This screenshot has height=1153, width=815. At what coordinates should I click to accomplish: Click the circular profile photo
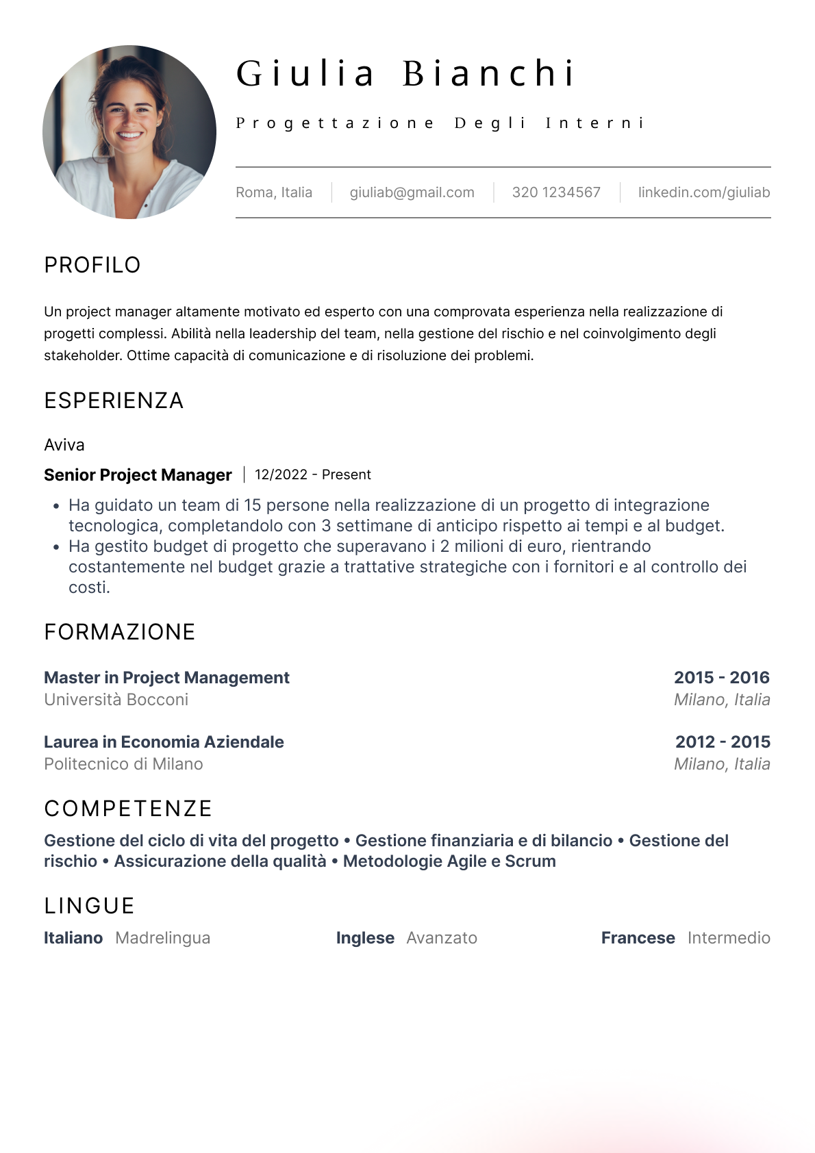129,132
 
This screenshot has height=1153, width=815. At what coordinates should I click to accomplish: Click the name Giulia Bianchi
405,73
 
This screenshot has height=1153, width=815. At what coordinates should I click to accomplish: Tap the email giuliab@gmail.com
412,192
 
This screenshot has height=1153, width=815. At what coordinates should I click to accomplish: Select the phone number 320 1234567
556,192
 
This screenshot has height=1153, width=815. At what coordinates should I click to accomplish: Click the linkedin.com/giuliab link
703,192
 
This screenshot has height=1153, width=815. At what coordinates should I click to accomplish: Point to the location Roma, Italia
274,192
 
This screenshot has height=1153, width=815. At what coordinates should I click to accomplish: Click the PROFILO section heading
92,265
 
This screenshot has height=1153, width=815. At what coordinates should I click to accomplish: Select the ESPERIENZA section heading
114,401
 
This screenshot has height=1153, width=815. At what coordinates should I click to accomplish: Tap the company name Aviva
64,445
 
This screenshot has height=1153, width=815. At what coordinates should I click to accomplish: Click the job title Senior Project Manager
138,474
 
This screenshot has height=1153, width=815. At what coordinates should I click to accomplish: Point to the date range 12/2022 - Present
313,474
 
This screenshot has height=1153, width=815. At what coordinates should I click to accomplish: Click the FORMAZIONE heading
120,632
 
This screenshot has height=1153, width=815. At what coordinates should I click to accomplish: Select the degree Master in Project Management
166,677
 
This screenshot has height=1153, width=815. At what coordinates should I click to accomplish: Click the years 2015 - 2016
721,677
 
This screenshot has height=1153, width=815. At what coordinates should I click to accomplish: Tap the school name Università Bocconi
116,700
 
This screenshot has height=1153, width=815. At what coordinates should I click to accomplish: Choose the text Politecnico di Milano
123,764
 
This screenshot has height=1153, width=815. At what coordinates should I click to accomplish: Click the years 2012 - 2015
723,742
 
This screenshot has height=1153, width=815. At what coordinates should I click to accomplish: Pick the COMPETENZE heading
128,809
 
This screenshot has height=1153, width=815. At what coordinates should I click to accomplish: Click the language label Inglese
365,938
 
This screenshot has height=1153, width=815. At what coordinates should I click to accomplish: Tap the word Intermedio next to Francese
729,938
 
